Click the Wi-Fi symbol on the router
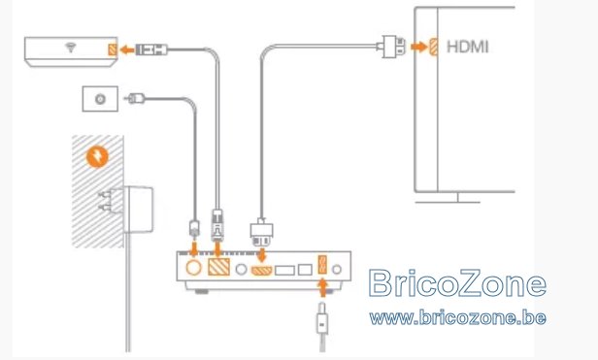(71, 48)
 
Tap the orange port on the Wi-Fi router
(113, 49)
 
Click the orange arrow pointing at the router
(126, 49)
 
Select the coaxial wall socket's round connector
(100, 99)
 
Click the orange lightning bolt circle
(97, 157)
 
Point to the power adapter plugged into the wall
(138, 210)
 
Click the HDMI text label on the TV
(467, 47)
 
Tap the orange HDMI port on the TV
(434, 47)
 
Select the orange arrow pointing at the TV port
(418, 47)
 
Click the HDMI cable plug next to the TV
(393, 47)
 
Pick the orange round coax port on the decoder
(194, 268)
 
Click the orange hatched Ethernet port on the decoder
(219, 267)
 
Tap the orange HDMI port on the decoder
(262, 270)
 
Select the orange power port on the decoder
(322, 265)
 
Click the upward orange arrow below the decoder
(323, 287)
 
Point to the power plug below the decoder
(322, 319)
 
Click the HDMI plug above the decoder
(261, 232)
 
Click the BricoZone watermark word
(457, 283)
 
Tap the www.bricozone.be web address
(457, 317)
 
